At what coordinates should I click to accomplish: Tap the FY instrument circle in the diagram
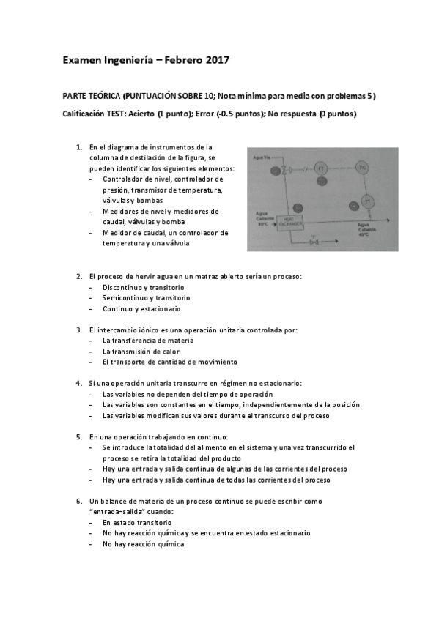coord(320,169)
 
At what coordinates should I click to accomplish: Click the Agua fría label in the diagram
coord(262,157)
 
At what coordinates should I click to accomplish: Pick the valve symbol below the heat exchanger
coord(314,240)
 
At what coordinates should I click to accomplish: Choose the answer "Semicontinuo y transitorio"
coord(146,298)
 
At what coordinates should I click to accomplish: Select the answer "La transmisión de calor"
coord(142,352)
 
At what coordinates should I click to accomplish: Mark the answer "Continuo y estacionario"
coord(141,308)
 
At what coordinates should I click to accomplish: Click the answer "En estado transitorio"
coord(137,523)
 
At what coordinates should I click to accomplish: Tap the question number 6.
coord(78,502)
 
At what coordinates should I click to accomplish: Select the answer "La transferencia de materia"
coord(148,341)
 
